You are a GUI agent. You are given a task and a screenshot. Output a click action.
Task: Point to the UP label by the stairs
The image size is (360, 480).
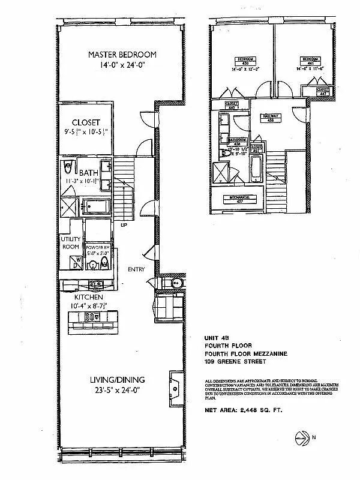click(124, 226)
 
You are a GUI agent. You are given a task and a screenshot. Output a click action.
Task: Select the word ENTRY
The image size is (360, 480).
click(136, 269)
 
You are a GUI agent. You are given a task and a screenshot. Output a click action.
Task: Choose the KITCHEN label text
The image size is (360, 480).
click(89, 297)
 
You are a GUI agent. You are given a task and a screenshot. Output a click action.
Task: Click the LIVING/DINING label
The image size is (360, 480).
click(118, 381)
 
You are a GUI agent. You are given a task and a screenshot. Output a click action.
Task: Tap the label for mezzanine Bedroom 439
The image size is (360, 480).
click(244, 59)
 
